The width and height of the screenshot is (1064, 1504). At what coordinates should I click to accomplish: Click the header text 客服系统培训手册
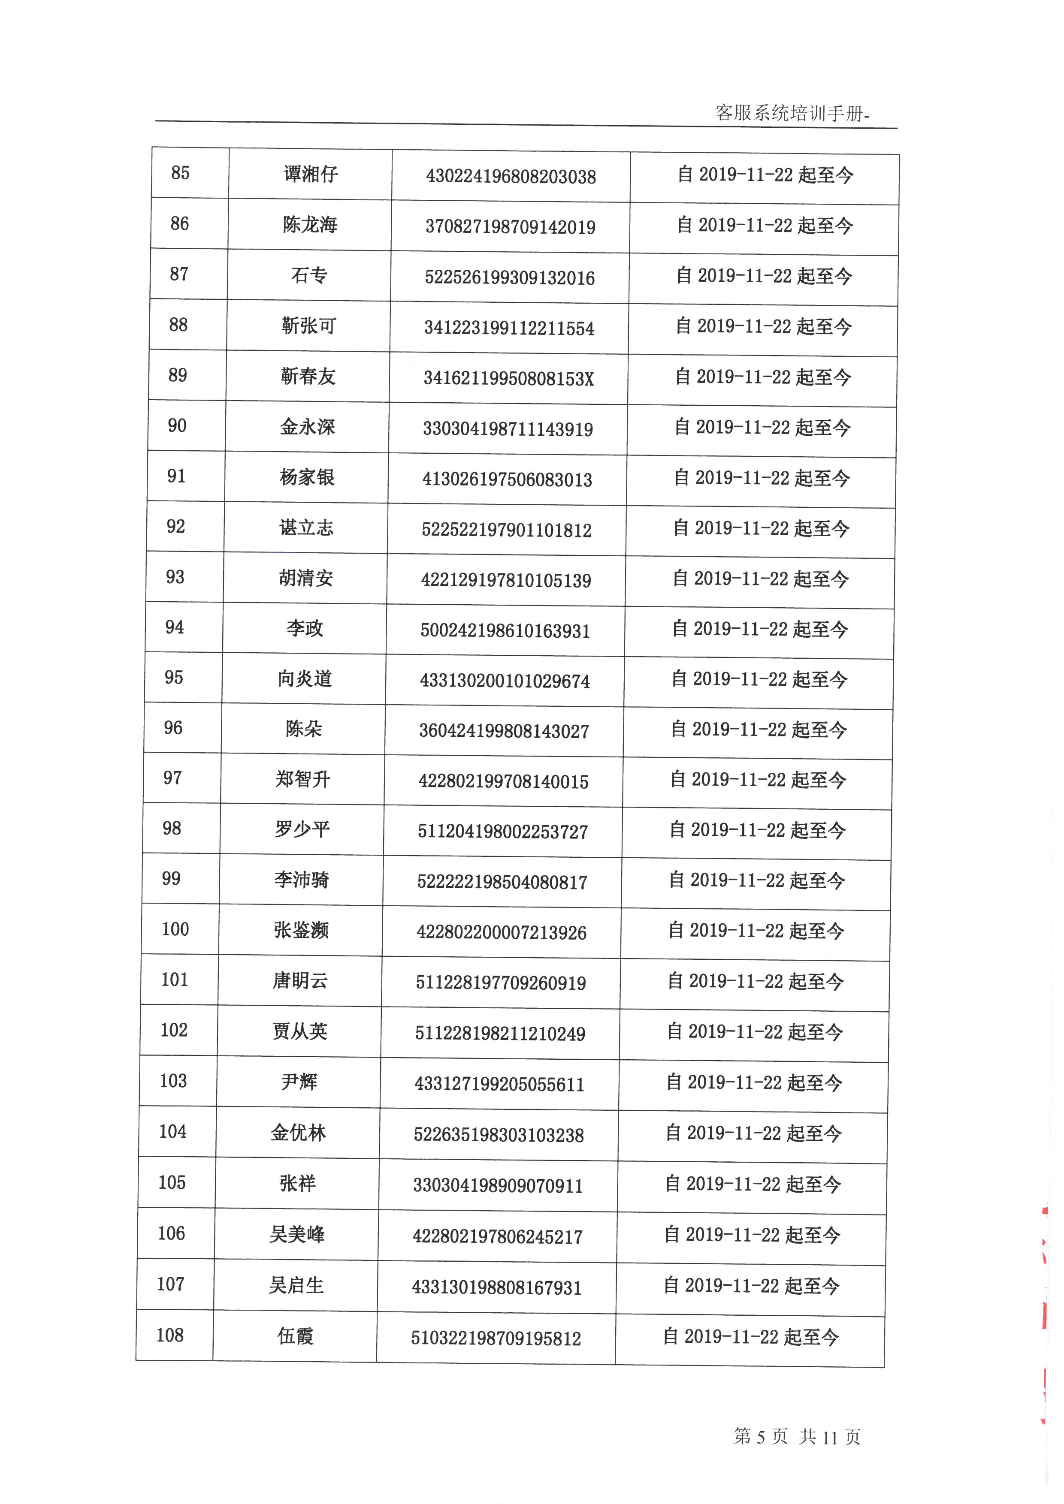(792, 113)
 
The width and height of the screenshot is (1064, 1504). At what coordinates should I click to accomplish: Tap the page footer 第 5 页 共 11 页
(796, 1437)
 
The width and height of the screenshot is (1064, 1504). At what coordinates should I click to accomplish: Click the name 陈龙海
(310, 225)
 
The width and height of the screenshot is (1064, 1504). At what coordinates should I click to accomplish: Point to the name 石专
(309, 275)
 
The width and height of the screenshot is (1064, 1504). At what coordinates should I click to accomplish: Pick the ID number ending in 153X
(508, 379)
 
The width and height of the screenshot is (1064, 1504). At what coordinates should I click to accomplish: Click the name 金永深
(307, 427)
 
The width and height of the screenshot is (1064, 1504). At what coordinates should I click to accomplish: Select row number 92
(175, 527)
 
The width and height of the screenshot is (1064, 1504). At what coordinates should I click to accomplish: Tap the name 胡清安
(306, 578)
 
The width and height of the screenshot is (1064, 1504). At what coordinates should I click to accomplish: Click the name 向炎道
(305, 678)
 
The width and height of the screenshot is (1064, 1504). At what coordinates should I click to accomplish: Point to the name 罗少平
(302, 829)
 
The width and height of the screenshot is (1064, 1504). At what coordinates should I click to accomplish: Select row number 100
(175, 929)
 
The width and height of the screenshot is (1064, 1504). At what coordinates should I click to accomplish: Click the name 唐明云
(300, 981)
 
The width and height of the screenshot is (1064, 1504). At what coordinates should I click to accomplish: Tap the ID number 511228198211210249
(500, 1034)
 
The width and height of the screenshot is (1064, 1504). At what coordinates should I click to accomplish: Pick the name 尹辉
(299, 1082)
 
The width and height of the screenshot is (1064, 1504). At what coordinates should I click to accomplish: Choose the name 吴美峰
(297, 1235)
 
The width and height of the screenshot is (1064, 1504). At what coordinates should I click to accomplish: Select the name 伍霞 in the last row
(296, 1335)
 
